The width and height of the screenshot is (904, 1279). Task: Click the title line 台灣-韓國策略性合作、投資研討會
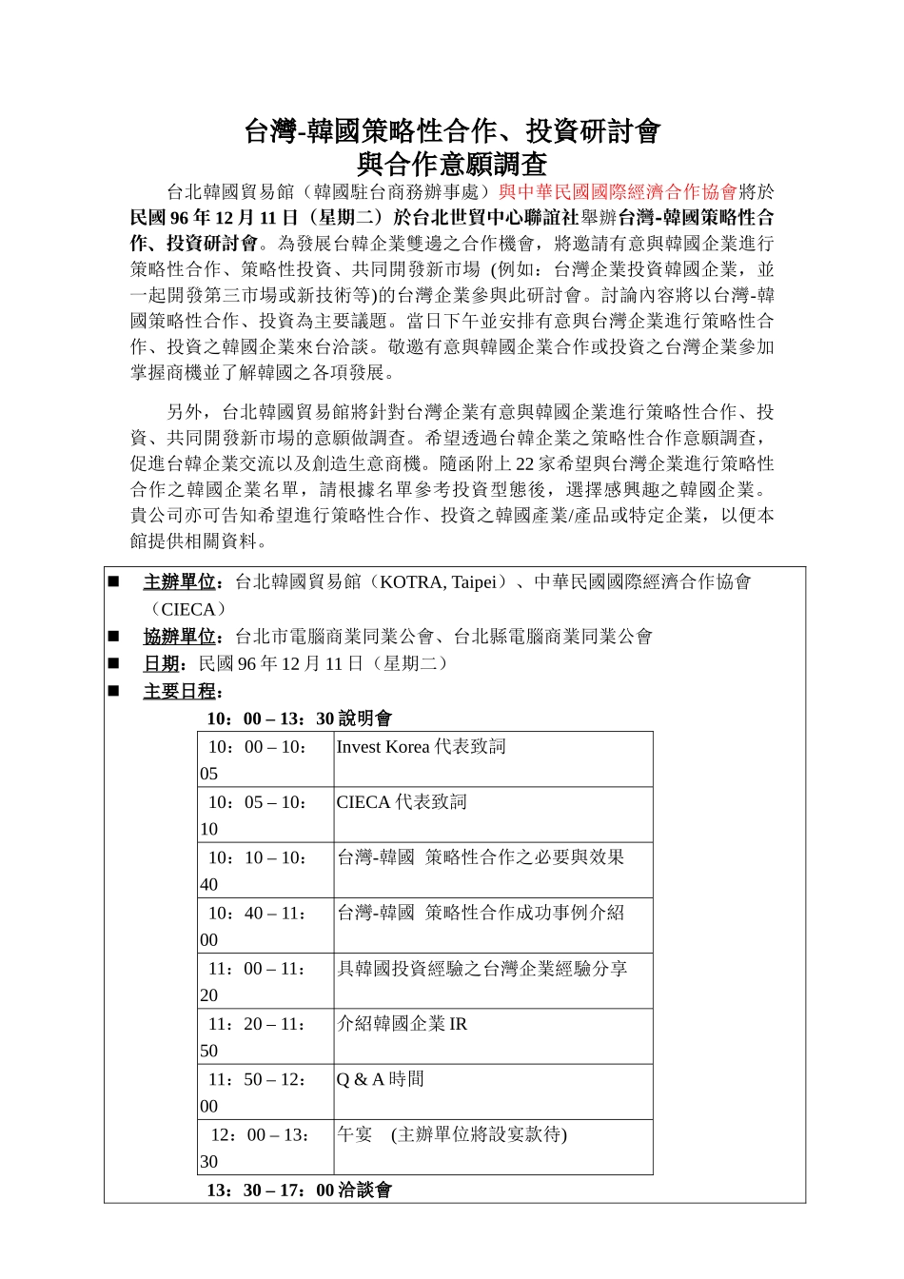click(x=452, y=131)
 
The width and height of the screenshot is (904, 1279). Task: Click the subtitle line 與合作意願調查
click(x=452, y=164)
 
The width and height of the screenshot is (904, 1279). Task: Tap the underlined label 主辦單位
click(x=179, y=582)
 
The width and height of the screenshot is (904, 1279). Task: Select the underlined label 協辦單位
click(x=179, y=637)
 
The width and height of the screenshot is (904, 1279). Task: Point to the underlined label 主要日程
click(x=179, y=692)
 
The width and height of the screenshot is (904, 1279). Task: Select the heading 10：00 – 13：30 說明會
click(x=299, y=718)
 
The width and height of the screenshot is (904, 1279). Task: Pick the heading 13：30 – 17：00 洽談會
click(x=299, y=1190)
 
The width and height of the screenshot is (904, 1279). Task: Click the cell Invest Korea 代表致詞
click(x=421, y=747)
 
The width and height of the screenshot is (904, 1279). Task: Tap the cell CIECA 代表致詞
click(x=402, y=802)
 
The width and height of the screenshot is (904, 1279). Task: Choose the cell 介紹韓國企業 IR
click(x=402, y=1025)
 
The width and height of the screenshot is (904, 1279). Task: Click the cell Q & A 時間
click(x=381, y=1080)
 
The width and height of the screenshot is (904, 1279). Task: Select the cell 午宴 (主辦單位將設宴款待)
click(x=451, y=1135)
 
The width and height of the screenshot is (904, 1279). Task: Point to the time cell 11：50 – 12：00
click(x=257, y=1092)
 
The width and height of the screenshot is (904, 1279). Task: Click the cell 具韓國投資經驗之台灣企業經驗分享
click(x=481, y=970)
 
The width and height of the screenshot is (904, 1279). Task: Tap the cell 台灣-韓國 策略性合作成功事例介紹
click(x=481, y=914)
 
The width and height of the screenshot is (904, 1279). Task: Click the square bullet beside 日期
click(x=114, y=663)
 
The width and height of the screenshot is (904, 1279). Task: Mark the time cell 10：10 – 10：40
click(x=257, y=870)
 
